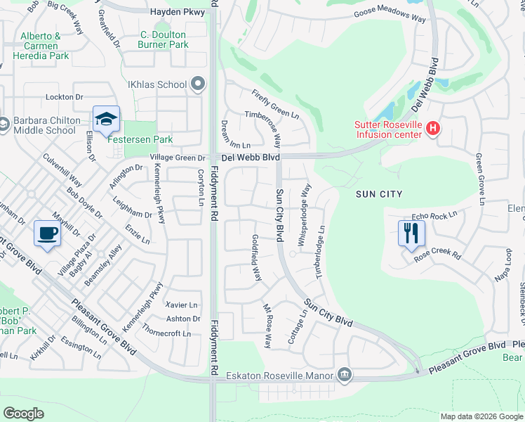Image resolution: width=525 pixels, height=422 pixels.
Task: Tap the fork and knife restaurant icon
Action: [x=411, y=232]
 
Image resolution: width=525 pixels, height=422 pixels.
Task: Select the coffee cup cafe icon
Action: [x=47, y=233]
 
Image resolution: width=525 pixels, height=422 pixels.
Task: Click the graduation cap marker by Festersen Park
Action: [x=106, y=119]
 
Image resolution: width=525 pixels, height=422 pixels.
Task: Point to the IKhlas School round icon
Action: [x=197, y=85]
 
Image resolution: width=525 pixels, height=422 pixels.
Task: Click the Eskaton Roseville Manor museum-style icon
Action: [x=344, y=374]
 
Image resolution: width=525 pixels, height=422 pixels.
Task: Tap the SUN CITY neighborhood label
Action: [x=379, y=194]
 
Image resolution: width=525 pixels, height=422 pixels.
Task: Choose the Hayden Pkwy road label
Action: [x=178, y=13]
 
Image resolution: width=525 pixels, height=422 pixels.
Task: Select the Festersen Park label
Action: [x=140, y=139]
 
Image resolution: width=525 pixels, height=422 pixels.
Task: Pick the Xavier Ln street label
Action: [x=181, y=305]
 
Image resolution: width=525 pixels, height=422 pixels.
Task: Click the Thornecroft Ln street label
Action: [x=167, y=333]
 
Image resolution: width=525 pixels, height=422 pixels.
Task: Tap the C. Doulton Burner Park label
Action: [x=163, y=39]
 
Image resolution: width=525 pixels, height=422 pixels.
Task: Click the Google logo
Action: [x=23, y=413]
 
